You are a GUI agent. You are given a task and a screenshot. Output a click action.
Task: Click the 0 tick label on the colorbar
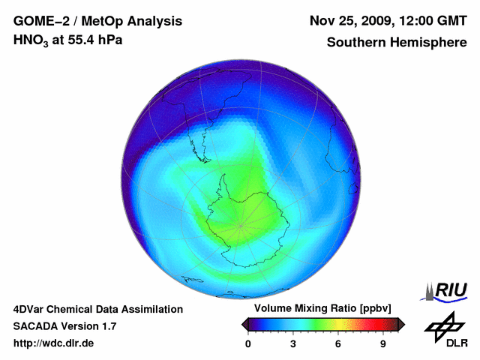248,344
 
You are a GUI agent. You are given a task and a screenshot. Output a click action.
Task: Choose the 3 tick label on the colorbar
293,344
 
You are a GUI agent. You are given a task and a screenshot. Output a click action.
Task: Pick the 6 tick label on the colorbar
338,344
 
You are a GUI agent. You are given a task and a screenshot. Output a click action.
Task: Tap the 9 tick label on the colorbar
383,344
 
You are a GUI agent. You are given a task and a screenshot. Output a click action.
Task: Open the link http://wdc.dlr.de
53,343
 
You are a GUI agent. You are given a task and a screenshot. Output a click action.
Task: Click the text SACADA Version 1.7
64,326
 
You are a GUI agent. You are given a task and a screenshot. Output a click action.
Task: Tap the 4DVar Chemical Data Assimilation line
97,309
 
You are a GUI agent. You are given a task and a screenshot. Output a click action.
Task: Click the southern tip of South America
203,158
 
